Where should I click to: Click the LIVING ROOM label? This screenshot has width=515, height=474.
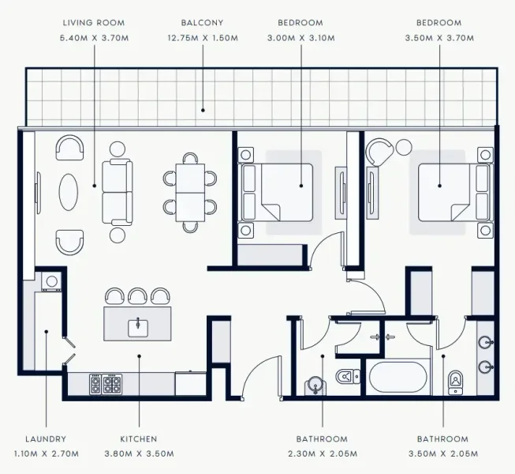[x=93, y=24]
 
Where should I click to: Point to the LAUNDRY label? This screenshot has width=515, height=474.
[x=46, y=439]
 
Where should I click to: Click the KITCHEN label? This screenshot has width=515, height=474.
[x=139, y=439]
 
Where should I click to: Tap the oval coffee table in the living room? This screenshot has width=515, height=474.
[x=69, y=191]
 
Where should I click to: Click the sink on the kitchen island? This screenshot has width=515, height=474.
[x=138, y=325]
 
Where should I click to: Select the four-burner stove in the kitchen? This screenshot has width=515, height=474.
[x=106, y=384]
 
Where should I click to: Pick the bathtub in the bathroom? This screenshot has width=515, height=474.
[x=400, y=378]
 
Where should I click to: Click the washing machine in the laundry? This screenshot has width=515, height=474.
[x=50, y=280]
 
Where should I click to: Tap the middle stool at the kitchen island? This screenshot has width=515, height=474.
[x=138, y=295]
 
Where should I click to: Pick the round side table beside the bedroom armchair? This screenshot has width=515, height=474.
[x=405, y=147]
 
